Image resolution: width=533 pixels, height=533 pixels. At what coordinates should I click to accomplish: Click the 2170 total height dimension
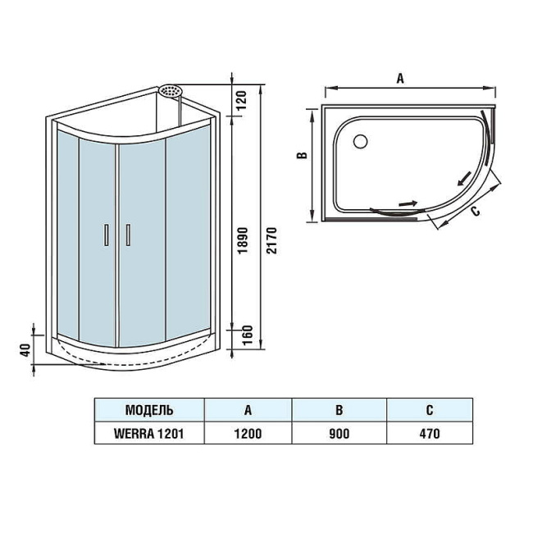click(272, 240)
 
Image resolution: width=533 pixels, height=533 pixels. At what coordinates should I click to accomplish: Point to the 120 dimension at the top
click(239, 100)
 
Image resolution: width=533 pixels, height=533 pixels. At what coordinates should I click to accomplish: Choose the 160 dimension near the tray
click(239, 335)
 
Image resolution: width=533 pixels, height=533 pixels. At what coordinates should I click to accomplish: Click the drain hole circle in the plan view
click(359, 141)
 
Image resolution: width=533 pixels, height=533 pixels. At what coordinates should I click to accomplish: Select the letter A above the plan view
click(400, 79)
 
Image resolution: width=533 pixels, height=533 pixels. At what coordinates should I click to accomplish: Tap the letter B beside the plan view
click(301, 156)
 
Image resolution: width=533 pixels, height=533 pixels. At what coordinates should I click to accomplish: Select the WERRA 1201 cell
click(148, 435)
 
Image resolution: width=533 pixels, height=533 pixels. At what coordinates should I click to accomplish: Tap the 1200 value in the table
click(248, 435)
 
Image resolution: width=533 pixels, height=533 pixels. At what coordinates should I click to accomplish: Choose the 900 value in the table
click(339, 435)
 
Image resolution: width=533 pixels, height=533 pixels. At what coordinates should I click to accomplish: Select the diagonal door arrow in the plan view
click(464, 177)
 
